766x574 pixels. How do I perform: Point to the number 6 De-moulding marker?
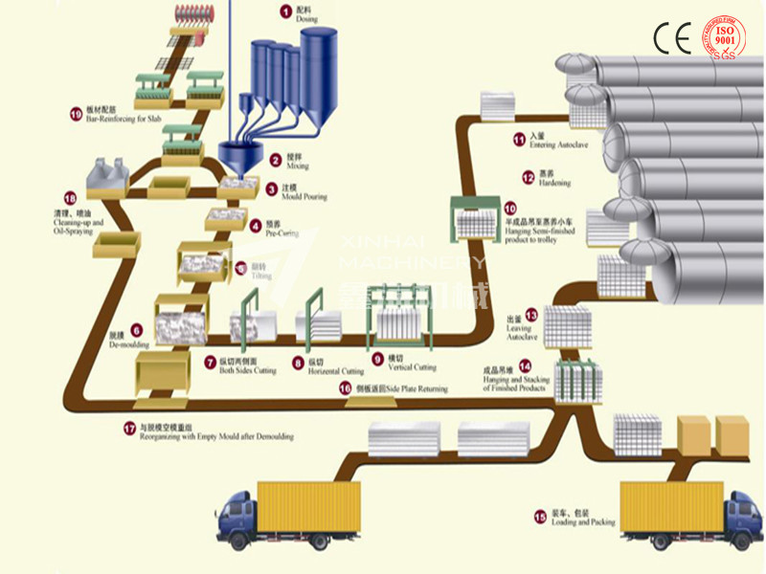[136, 328]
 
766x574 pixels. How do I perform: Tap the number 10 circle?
[510, 208]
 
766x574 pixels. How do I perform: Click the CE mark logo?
[672, 37]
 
